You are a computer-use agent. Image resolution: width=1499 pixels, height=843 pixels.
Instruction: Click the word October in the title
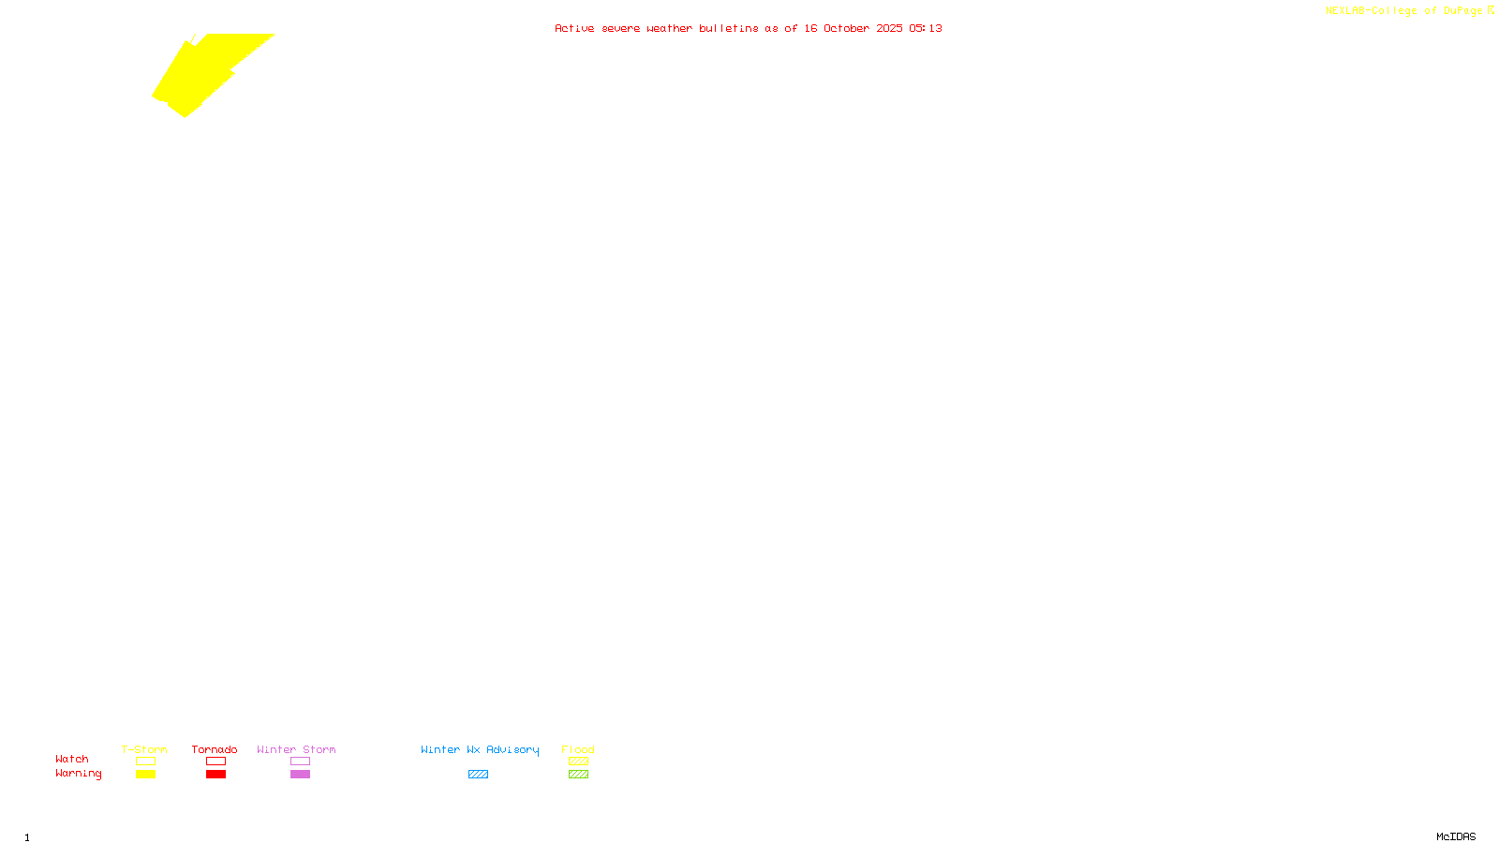pos(846,28)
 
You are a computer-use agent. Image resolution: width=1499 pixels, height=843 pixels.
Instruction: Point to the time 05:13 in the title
pos(926,28)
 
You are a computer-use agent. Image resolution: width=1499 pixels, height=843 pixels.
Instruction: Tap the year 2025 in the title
pos(889,28)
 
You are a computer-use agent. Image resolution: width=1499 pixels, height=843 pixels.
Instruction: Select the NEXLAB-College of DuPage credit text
pos(1403,11)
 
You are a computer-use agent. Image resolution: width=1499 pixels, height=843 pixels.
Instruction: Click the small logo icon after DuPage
pos(1491,10)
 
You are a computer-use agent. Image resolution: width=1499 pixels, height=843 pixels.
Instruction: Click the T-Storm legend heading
pos(144,749)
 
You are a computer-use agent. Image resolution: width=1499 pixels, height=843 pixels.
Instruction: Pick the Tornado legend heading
pos(215,749)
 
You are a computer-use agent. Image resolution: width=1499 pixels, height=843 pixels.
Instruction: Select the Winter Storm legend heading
pos(296,749)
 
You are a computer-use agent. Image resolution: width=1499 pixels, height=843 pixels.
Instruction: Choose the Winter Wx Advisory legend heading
pos(480,749)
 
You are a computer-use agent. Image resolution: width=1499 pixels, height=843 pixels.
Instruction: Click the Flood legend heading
pos(578,749)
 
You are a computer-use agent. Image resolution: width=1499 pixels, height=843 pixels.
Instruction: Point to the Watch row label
pos(72,759)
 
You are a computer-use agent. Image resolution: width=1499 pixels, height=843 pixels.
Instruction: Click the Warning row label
pos(79,774)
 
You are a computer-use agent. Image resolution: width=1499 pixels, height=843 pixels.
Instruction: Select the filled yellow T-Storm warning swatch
pos(145,775)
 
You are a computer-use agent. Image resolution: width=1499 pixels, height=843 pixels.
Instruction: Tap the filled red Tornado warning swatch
pos(216,775)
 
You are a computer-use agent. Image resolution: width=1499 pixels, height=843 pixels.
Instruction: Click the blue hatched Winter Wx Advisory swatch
pos(478,775)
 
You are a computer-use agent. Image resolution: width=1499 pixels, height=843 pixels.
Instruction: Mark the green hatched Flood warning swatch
pos(578,775)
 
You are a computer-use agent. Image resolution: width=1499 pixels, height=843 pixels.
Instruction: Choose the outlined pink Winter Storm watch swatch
pos(300,762)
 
